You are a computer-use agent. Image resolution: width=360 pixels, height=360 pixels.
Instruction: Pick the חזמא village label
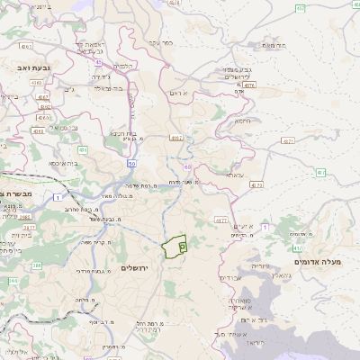[x=243, y=120]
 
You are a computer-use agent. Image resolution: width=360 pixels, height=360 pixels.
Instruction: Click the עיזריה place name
[x=257, y=265]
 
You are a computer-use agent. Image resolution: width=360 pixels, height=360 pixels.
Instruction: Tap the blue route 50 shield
[x=131, y=165]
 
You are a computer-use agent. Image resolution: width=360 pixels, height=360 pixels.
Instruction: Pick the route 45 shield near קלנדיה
[x=96, y=63]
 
